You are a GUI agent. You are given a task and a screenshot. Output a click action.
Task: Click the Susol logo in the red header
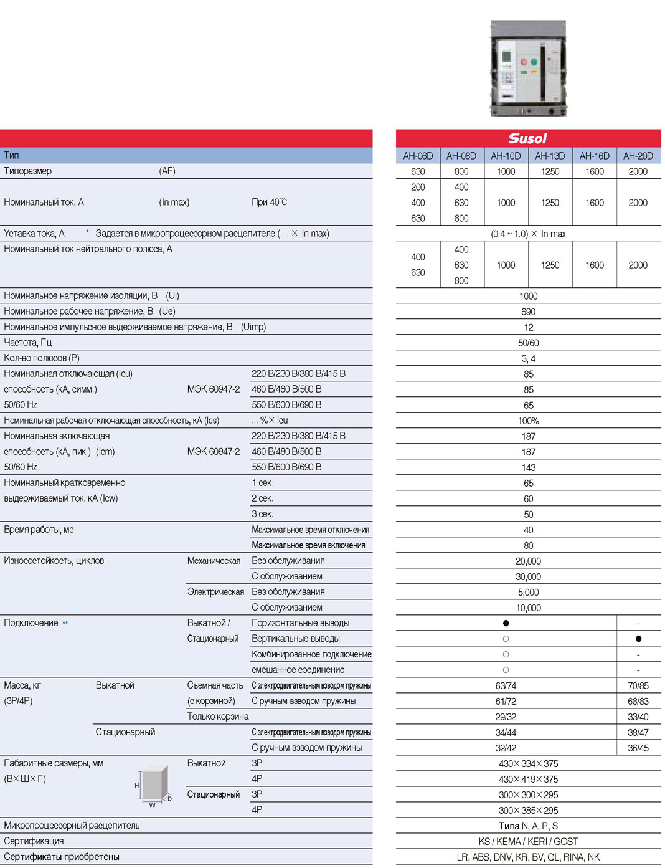point(527,138)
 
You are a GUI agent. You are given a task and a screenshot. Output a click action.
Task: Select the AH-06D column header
point(418,156)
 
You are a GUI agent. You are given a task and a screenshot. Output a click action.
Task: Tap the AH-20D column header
point(638,156)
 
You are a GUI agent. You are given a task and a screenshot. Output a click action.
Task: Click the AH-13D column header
point(550,156)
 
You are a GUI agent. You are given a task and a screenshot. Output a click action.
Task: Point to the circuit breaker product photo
point(529,68)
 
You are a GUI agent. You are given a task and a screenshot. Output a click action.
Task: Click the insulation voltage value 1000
point(528,296)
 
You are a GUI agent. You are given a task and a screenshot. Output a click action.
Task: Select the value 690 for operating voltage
point(528,312)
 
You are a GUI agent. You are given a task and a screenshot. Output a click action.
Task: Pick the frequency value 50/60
point(528,343)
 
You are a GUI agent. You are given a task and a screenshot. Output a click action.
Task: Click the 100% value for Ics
point(528,421)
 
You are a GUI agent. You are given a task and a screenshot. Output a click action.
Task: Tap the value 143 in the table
point(528,467)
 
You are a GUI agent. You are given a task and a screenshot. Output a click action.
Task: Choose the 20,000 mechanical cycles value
point(528,561)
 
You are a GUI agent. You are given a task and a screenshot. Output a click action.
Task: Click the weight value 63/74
point(506,685)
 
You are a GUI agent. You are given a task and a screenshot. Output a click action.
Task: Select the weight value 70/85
point(638,685)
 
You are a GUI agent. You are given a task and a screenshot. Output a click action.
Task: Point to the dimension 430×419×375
point(528,779)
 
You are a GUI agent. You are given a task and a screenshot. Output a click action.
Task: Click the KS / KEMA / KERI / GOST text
point(528,841)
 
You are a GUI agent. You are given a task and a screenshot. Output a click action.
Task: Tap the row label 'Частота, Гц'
point(28,342)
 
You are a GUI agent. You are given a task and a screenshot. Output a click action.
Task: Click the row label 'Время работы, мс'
point(39,529)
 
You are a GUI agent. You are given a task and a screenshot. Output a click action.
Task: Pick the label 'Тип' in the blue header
point(11,155)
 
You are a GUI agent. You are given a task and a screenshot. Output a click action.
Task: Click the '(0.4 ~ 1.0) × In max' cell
point(528,234)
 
